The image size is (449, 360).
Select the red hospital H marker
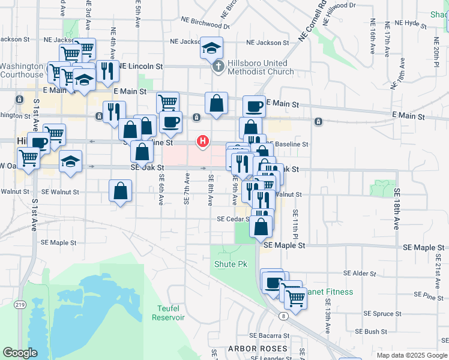click(203, 141)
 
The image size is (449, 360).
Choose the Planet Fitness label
click(329, 292)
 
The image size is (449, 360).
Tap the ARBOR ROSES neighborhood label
click(258, 348)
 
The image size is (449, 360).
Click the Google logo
click(20, 353)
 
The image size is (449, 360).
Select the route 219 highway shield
click(20, 305)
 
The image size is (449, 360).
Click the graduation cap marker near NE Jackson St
click(211, 48)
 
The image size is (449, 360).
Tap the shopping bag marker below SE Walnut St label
click(121, 191)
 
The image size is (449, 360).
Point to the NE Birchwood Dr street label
click(205, 22)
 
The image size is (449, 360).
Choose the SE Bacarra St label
click(269, 335)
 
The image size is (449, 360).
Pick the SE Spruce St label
click(382, 314)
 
